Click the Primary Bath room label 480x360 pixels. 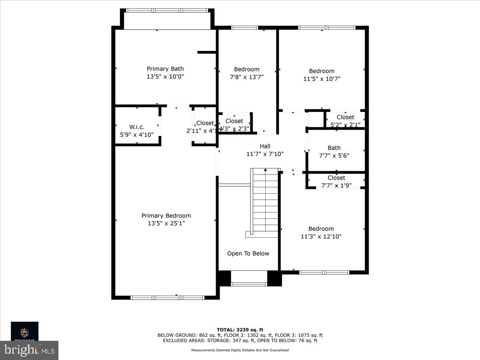click(165, 69)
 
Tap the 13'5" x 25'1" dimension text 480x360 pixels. click(166, 223)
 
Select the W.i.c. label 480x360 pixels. click(136, 127)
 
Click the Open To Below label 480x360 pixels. click(248, 253)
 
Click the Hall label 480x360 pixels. click(265, 146)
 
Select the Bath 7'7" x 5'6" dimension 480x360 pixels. click(334, 156)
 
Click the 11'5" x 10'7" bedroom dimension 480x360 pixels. click(322, 79)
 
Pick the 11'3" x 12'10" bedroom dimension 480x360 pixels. click(321, 236)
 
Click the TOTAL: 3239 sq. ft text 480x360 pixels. click(240, 330)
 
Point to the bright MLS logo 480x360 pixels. click(29, 350)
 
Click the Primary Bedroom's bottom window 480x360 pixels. click(168, 297)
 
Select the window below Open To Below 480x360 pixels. click(249, 284)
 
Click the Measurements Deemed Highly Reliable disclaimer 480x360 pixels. click(240, 350)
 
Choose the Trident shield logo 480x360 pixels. click(25, 332)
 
